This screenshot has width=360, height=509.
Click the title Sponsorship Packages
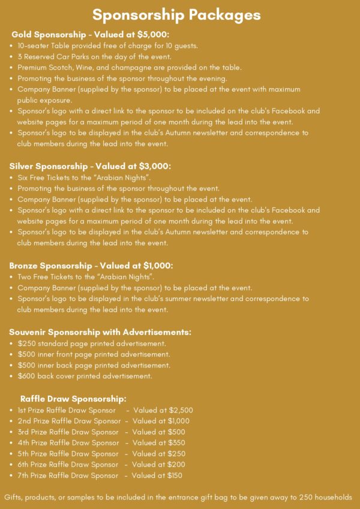(x=176, y=14)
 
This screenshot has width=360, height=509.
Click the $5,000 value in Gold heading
(x=155, y=35)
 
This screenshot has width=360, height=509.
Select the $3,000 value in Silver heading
(x=157, y=166)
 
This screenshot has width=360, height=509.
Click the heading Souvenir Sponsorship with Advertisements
(x=100, y=332)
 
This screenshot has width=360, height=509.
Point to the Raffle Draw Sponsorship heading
(x=73, y=399)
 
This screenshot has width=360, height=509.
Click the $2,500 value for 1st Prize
(x=180, y=410)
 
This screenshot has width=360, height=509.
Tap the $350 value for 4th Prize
(x=176, y=442)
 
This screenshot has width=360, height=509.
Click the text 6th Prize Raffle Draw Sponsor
(x=68, y=465)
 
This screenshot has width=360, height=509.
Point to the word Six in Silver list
(x=24, y=177)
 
